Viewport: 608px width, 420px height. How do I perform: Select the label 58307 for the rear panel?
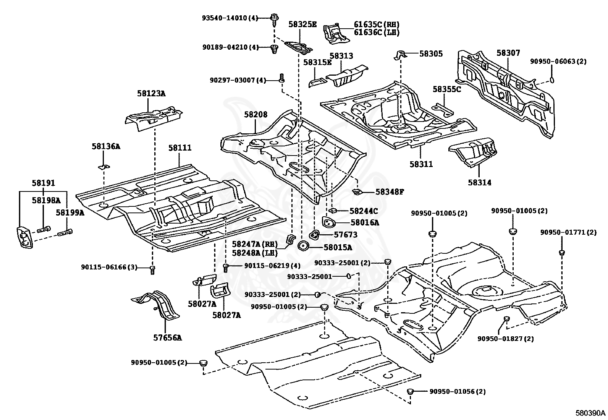point(508,53)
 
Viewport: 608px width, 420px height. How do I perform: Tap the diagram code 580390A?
point(590,413)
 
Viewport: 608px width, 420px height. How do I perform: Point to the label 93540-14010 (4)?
point(230,18)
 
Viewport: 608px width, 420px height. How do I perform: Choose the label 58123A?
point(151,93)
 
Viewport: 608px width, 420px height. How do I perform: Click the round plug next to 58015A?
point(303,247)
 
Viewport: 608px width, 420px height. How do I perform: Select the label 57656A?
point(167,337)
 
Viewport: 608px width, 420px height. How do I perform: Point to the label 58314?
point(480,182)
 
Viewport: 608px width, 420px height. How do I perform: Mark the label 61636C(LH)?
point(377,32)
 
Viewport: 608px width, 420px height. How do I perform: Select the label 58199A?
point(70,212)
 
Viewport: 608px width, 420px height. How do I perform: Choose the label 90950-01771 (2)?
point(568,232)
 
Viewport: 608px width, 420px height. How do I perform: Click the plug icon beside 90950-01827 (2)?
point(506,319)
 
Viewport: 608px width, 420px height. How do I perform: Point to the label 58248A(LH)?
point(254,253)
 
